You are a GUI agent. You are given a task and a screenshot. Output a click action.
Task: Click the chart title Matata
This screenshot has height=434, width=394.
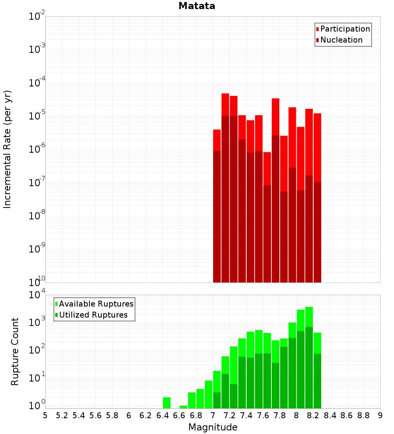[197, 6]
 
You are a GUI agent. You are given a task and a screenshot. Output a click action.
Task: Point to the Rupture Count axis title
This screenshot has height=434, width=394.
[15, 352]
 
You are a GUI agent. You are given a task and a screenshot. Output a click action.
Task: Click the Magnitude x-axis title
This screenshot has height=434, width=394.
[213, 427]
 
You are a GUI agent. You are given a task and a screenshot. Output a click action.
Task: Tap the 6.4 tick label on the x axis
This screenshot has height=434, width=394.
[162, 415]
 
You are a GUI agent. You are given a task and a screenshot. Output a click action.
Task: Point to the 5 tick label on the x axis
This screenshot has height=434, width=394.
[45, 415]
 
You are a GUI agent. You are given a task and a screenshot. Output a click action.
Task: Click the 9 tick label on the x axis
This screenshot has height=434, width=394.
[380, 415]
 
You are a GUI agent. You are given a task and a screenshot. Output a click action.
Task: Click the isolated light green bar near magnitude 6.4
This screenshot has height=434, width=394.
[167, 402]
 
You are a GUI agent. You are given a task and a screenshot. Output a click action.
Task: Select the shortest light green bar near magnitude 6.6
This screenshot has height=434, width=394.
[183, 407]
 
